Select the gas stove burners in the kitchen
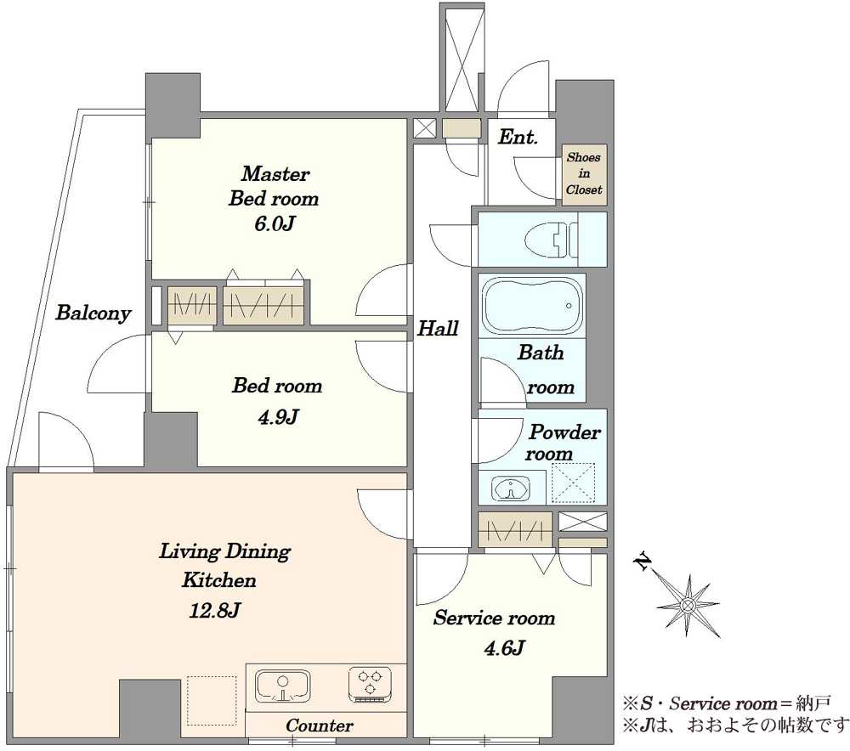[371, 683]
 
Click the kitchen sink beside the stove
[282, 686]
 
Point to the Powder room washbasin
[512, 488]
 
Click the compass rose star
[688, 605]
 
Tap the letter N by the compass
[643, 562]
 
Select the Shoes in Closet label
[584, 173]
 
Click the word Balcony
[93, 313]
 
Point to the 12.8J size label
[215, 611]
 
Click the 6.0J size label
[275, 223]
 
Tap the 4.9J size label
[278, 416]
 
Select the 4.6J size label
[504, 647]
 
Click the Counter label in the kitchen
[320, 725]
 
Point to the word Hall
[438, 329]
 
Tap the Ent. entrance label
[518, 137]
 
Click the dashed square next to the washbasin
[573, 483]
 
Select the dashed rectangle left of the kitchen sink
[212, 700]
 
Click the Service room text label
[494, 618]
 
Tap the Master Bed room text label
[274, 186]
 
